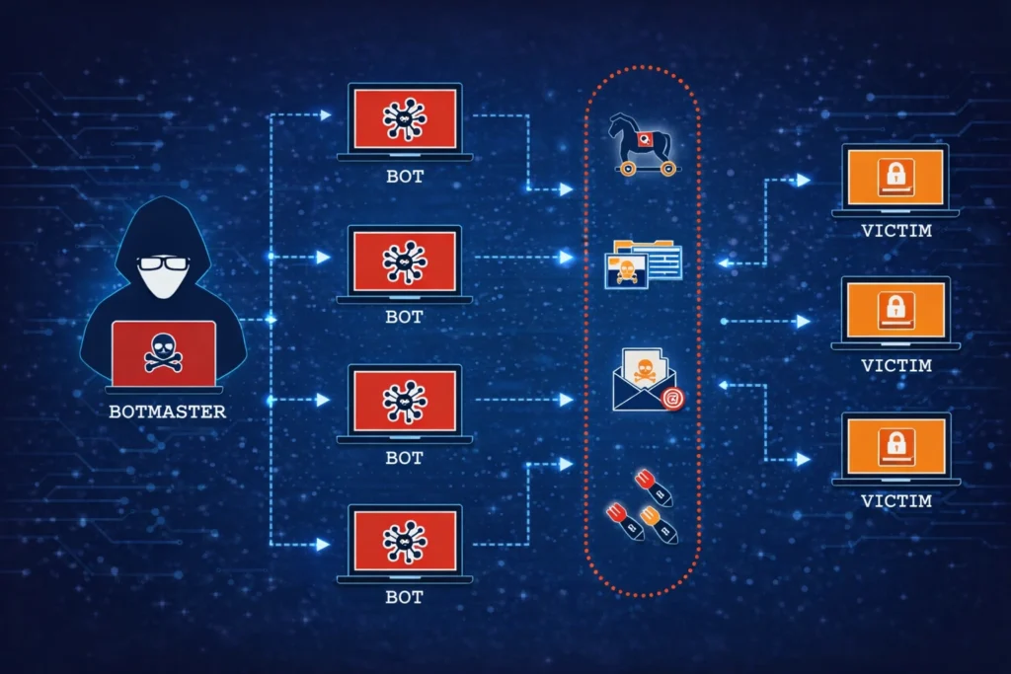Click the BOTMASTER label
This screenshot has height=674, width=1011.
click(x=167, y=411)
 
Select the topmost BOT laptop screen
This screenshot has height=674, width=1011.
click(x=405, y=117)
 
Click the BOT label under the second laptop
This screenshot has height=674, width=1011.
click(x=405, y=318)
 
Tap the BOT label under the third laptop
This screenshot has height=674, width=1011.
click(x=405, y=458)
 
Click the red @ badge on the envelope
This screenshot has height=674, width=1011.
click(x=672, y=398)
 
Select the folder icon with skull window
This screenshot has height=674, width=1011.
click(x=643, y=262)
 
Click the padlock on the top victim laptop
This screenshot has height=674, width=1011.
click(x=895, y=175)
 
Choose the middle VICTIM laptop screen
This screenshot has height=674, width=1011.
click(x=895, y=309)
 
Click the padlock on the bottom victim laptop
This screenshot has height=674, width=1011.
click(x=895, y=441)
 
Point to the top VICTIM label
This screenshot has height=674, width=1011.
click(x=895, y=232)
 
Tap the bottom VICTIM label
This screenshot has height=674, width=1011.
click(x=895, y=500)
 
